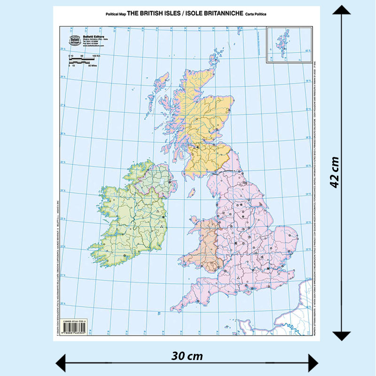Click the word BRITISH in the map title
tap(157, 14)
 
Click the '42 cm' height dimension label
tap(335, 172)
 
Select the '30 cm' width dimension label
tap(187, 356)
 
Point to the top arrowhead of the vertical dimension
tap(342, 10)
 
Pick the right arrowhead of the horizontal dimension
tap(313, 362)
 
